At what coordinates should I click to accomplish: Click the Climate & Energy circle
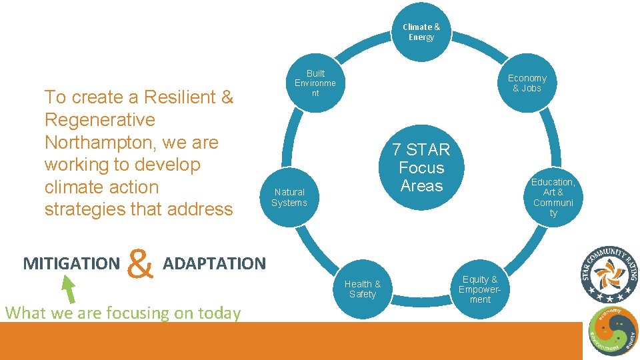click(421, 32)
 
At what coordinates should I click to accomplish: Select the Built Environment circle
click(315, 83)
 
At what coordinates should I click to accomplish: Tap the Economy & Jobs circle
click(527, 83)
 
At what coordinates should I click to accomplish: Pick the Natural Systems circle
click(289, 197)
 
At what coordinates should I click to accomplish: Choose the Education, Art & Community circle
click(553, 197)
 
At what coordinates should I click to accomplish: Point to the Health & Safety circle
click(363, 289)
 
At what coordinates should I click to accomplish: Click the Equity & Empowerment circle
click(480, 289)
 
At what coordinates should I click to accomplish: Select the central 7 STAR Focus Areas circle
click(421, 167)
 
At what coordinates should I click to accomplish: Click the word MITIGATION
click(71, 263)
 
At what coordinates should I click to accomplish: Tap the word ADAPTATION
click(214, 263)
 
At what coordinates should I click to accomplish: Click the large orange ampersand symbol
click(139, 264)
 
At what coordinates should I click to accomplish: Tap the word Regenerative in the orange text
click(99, 120)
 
